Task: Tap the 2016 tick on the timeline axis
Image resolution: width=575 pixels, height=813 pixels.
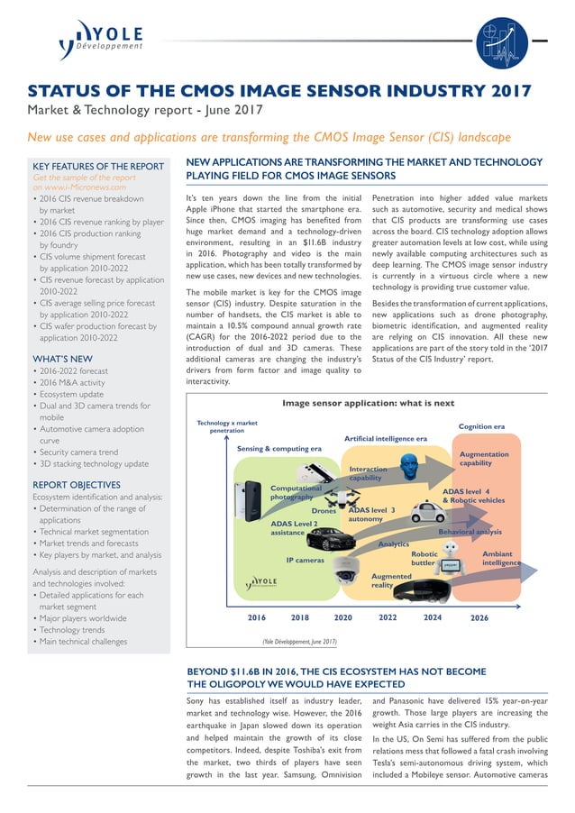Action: tap(257, 618)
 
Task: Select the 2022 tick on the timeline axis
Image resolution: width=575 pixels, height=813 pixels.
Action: tap(388, 618)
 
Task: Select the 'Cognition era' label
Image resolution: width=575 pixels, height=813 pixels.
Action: tap(481, 425)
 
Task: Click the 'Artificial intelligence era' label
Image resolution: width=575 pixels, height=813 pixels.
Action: tap(385, 438)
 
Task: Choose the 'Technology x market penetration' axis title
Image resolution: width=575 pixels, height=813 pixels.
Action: tap(227, 426)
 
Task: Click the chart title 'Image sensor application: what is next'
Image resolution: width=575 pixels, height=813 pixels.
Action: tap(368, 403)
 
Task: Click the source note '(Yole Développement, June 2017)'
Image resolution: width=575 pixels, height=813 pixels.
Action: tap(299, 642)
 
